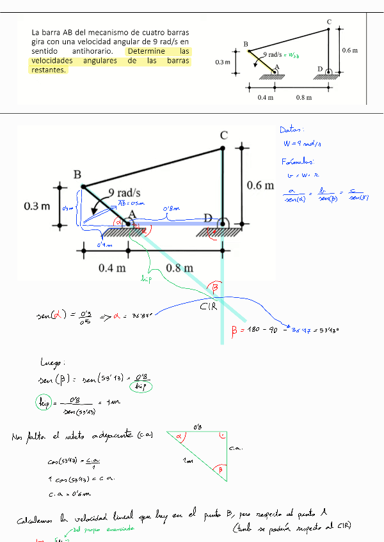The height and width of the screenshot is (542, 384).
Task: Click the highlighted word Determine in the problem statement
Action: coord(146,51)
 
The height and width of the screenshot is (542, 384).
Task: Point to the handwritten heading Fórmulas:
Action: coord(298,161)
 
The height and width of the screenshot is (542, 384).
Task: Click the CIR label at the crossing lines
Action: coord(209,309)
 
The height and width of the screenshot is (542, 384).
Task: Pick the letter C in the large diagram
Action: coord(223,135)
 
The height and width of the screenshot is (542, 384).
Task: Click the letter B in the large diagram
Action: coord(77,174)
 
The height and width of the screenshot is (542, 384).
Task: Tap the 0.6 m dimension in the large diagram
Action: coord(260,185)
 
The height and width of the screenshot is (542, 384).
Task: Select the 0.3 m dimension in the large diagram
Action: coord(37,206)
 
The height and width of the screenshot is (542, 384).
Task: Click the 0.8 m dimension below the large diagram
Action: coord(179,268)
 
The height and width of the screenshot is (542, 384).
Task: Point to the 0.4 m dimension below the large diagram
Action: coord(112,268)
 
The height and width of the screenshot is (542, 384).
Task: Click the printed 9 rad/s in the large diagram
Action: coord(124,192)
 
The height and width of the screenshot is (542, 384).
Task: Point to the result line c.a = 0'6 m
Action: coord(69,493)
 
